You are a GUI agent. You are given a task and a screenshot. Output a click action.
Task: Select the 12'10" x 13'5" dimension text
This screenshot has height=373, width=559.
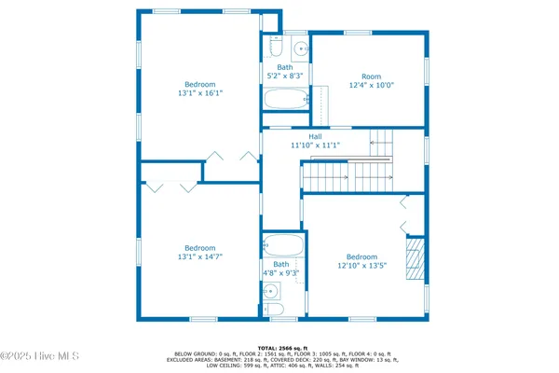point(361,266)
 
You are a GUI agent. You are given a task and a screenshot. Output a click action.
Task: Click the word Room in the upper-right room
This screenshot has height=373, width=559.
point(372,76)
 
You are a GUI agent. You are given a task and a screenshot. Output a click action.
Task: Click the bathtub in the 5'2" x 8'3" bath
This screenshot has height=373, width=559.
point(284,99)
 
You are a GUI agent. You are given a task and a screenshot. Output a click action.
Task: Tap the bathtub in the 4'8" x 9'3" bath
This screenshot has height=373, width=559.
point(283,247)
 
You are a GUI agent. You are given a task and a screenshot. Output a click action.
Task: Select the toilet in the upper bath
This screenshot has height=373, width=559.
point(273,47)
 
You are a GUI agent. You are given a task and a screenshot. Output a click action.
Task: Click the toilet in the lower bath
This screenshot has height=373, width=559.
point(275,309)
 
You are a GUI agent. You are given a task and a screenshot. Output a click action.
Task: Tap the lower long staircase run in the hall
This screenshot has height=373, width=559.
point(347,175)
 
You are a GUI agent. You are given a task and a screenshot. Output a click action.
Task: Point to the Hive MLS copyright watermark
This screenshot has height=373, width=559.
point(40,355)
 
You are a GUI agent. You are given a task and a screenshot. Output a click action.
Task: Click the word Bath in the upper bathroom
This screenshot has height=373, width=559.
point(284,67)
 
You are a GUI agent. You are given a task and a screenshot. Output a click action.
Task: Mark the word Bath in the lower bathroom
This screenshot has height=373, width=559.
point(282,264)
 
